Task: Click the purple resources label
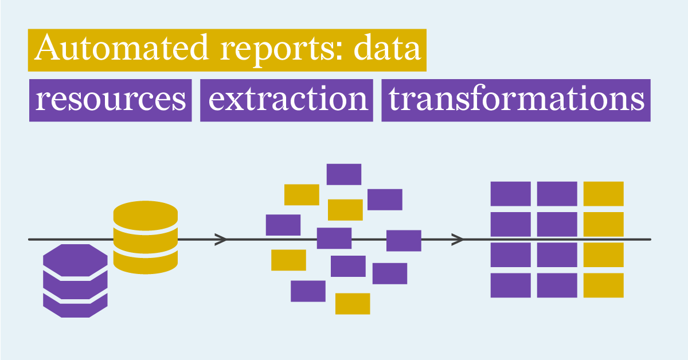click(x=110, y=100)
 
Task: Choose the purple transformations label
click(x=516, y=100)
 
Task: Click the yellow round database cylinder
click(x=145, y=236)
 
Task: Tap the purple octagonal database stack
click(x=75, y=280)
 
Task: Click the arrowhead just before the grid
click(x=458, y=239)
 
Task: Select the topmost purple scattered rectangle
click(x=344, y=174)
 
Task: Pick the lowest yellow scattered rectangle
click(x=353, y=303)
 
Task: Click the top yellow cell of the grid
click(x=603, y=194)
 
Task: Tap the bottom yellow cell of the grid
click(x=603, y=285)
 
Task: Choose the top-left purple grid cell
click(x=510, y=194)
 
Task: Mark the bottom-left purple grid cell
click(x=510, y=285)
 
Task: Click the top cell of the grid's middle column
click(x=557, y=194)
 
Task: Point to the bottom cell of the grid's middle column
click(x=557, y=285)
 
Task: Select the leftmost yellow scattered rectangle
click(x=288, y=260)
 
